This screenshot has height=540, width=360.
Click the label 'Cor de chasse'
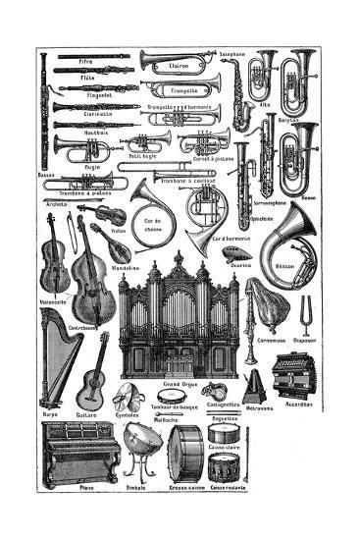click(151, 225)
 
